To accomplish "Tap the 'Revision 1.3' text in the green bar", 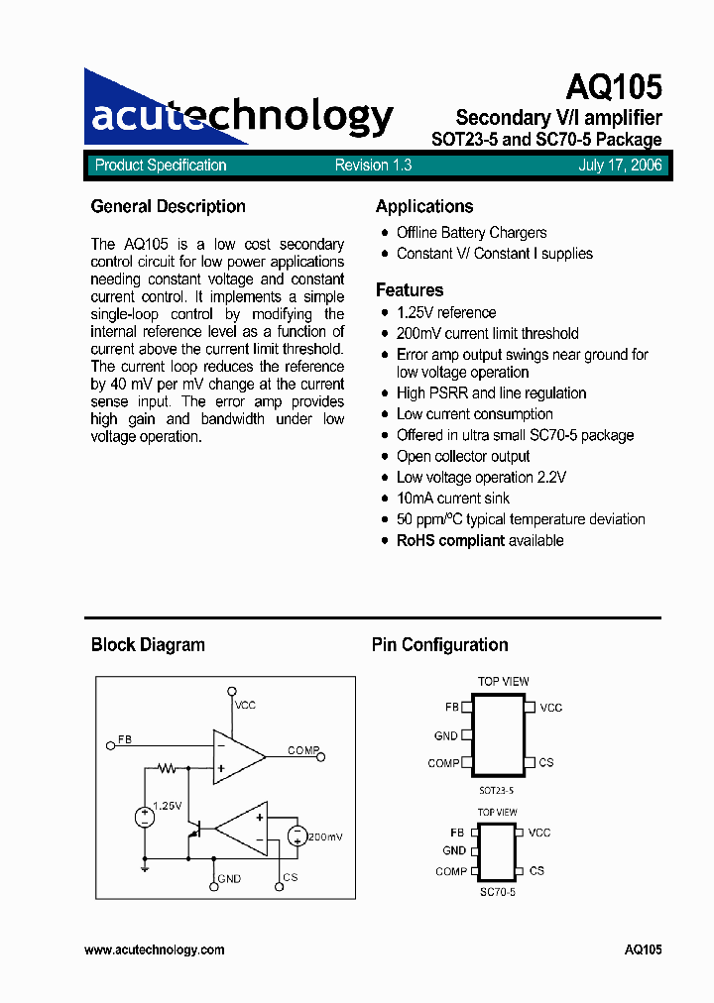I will pos(373,166).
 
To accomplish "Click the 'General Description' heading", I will pos(168,206).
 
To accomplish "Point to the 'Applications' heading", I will pos(424,206).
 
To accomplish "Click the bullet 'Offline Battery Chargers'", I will pos(471,232).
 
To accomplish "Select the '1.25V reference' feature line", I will pos(445,312).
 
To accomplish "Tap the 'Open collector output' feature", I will pos(463,456).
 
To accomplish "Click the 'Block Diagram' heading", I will pos(148,644).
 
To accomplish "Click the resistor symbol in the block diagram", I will pos(168,767).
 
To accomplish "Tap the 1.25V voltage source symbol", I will pos(145,817).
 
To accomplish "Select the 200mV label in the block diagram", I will pos(324,837).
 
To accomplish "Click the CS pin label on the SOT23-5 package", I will pos(546,762).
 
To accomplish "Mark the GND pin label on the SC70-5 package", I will pos(454,850).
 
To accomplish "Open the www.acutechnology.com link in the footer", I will pos(155,949).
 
